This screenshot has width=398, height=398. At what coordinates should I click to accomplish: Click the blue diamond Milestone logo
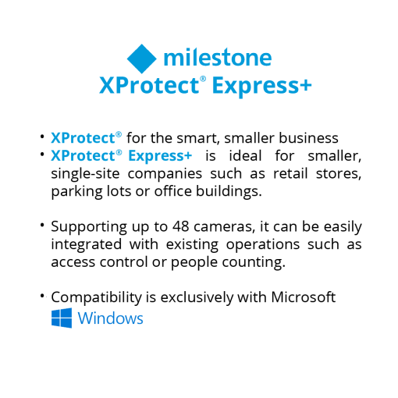pos(142,59)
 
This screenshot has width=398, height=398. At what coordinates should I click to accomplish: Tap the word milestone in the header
pos(218,58)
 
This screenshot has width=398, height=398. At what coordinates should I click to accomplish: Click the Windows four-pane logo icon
pos(62,318)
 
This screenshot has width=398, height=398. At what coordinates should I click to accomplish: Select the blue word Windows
pos(111,318)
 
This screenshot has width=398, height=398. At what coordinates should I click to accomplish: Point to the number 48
pos(180,226)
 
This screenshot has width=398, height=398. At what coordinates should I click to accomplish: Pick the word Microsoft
pos(304,297)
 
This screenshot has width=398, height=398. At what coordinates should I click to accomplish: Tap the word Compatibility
pos(96,297)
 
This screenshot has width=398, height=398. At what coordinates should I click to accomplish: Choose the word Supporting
pos(89,227)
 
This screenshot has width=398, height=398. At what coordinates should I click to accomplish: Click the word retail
pos(290,173)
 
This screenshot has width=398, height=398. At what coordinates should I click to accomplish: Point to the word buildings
pos(229,192)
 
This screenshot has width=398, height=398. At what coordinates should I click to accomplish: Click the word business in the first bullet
pos(308,137)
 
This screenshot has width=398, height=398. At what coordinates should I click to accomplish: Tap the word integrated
pos(87,245)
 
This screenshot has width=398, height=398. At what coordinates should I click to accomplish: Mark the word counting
pos(254,262)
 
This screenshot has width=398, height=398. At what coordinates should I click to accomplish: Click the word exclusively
pos(197,297)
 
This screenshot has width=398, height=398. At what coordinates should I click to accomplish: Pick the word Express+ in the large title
pos(261,86)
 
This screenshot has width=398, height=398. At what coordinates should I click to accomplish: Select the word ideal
pos(245,155)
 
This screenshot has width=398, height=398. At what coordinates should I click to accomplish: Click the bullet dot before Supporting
pos(42,225)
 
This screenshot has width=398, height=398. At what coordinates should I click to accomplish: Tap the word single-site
pos(85,173)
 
